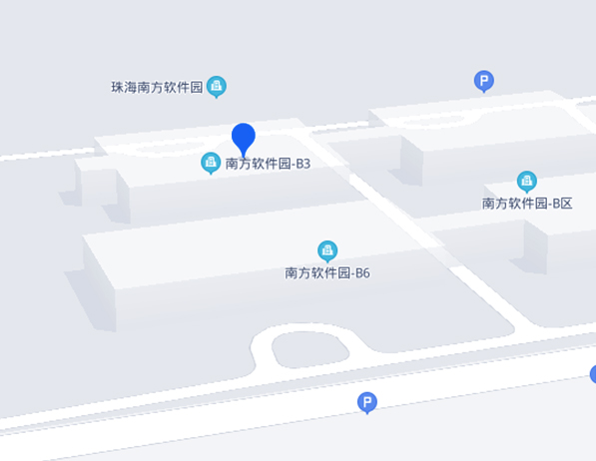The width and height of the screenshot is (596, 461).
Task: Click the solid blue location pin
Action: click(x=244, y=138)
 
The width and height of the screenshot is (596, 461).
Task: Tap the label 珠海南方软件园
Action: click(x=157, y=88)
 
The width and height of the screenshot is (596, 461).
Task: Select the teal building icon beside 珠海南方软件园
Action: click(x=217, y=86)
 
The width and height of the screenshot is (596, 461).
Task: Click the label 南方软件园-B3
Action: click(x=268, y=164)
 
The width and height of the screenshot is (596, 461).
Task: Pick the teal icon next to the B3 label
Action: click(x=211, y=163)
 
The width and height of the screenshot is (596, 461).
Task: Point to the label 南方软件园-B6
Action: click(x=327, y=273)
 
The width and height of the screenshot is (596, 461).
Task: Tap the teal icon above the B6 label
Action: click(x=327, y=250)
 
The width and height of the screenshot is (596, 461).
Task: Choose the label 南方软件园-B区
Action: click(x=527, y=204)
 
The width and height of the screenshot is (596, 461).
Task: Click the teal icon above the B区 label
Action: click(x=527, y=182)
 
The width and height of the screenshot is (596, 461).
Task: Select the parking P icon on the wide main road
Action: click(x=367, y=402)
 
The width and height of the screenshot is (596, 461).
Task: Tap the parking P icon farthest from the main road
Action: click(x=484, y=81)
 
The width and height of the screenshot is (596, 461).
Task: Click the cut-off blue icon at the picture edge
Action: click(x=593, y=374)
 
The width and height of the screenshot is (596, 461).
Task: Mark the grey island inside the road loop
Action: click(x=309, y=349)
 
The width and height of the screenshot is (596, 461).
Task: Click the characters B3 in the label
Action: click(x=303, y=164)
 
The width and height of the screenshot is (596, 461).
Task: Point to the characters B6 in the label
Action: click(x=362, y=273)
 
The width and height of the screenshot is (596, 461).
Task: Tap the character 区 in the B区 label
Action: click(x=566, y=204)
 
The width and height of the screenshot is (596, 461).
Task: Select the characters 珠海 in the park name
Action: click(x=124, y=88)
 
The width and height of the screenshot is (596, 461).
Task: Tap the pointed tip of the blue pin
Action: click(x=244, y=158)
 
